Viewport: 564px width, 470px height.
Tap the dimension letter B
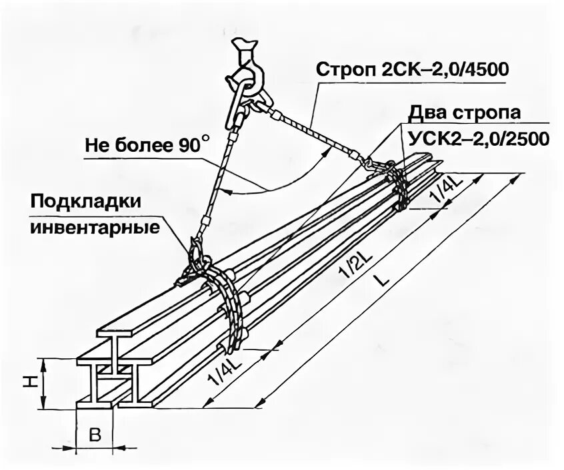(x=95, y=436)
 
